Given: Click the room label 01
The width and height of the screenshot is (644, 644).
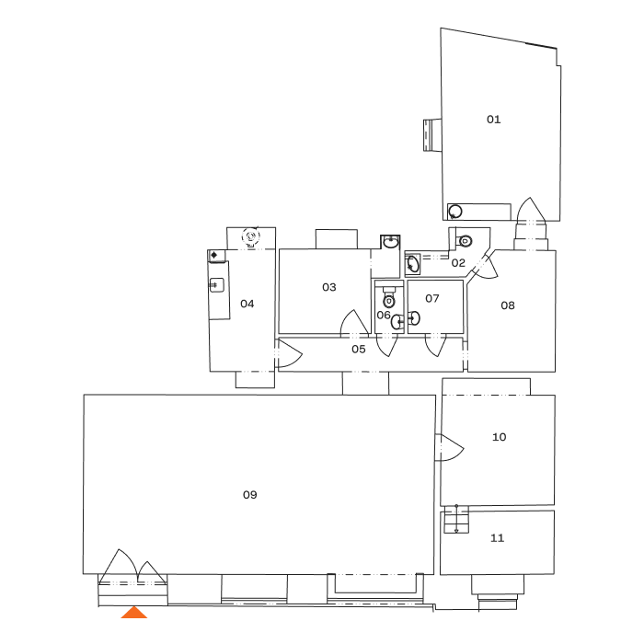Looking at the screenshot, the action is point(494,120).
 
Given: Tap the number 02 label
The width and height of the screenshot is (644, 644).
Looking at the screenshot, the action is point(459,263).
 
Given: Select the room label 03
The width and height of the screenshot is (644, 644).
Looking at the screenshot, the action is point(329,287).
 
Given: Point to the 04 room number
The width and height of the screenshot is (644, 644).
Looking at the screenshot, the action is point(247,304).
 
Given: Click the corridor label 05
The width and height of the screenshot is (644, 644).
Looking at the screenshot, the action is point(359,350).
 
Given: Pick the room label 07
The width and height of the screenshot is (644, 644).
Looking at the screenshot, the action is point(432,299).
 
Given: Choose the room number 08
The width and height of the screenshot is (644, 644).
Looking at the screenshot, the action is point(508,305).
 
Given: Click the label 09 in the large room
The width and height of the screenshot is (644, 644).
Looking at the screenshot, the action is point(249,495).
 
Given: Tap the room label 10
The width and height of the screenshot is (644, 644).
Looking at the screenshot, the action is point(499,438).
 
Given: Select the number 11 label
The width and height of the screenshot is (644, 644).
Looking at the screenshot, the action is point(497,538).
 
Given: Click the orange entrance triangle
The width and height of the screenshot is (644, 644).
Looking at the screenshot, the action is point(134,613).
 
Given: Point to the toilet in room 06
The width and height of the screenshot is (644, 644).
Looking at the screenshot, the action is point(388,299).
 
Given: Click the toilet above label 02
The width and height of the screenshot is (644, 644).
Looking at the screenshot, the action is point(466,241).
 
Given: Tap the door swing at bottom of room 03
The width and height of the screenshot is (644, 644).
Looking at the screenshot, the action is point(353,323).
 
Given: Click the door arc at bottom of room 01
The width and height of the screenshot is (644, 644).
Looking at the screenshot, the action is point(534,213).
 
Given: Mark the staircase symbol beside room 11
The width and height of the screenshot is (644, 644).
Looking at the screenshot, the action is point(451,522).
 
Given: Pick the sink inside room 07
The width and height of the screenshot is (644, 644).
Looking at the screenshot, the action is point(414,319).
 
